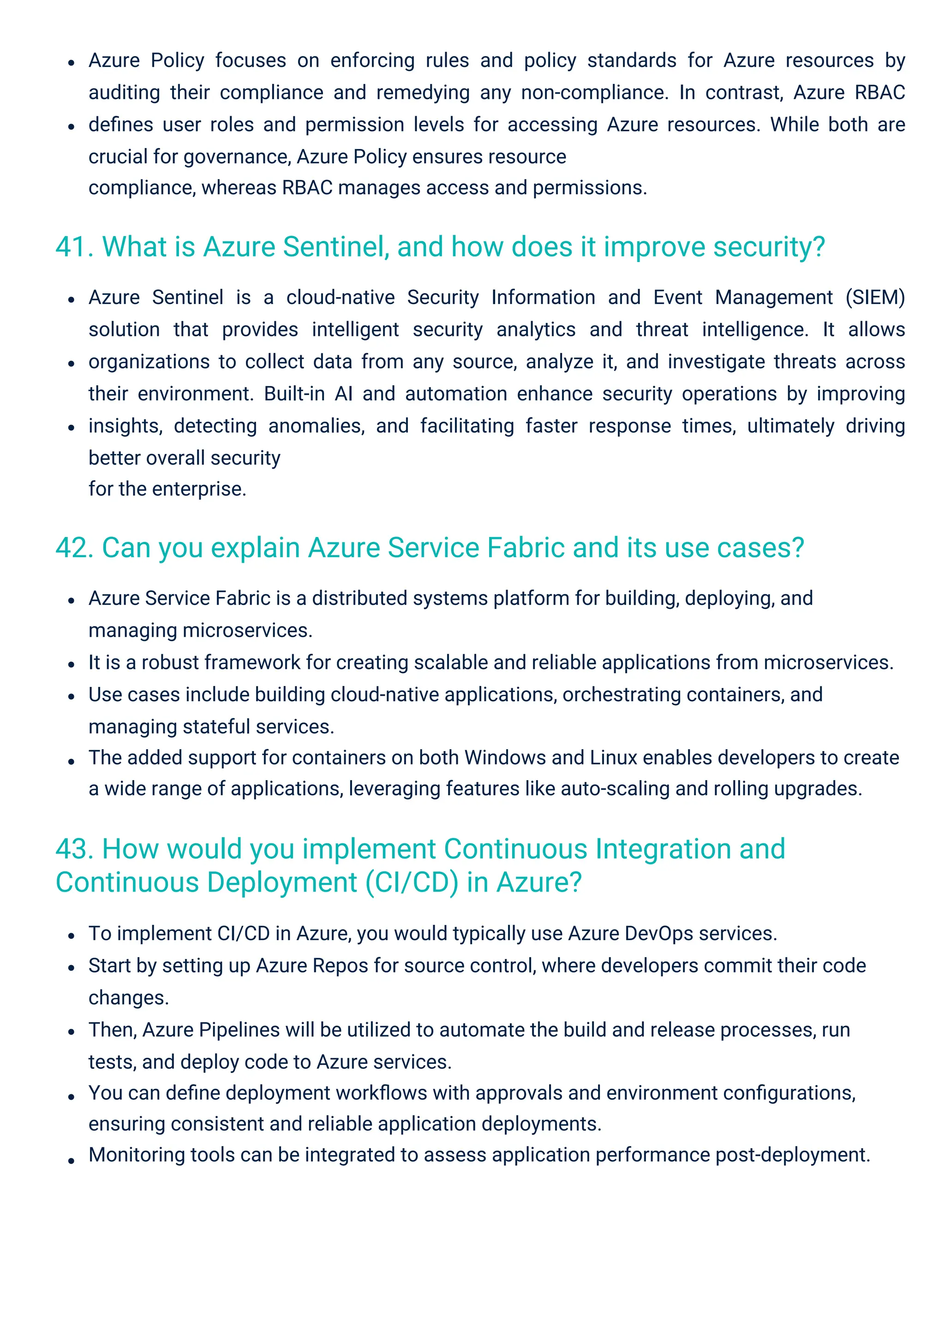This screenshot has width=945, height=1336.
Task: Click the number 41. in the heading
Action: pos(74,247)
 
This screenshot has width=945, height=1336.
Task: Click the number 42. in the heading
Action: pos(74,548)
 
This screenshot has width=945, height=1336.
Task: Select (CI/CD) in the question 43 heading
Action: pos(412,882)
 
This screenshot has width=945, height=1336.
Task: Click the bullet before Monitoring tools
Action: pos(71,1160)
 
